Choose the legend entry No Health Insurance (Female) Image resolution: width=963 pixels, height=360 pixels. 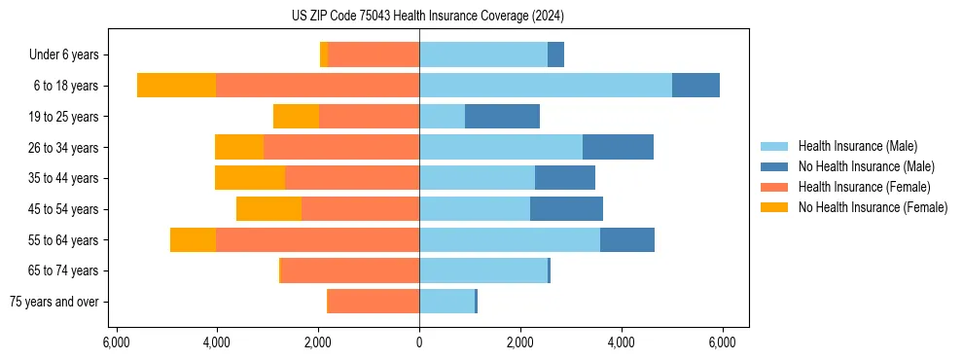pyautogui.click(x=873, y=207)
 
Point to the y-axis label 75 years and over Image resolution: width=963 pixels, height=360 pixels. pyautogui.click(x=53, y=302)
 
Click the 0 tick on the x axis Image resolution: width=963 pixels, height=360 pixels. pyautogui.click(x=419, y=342)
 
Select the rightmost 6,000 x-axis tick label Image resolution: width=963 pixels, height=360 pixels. pyautogui.click(x=722, y=342)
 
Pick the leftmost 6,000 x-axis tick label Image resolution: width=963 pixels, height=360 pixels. pyautogui.click(x=116, y=342)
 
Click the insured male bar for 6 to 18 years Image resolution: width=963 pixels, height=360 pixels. pyautogui.click(x=545, y=86)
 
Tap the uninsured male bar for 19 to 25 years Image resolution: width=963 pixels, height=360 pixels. pyautogui.click(x=502, y=117)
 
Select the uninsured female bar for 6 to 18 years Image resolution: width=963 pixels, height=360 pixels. pyautogui.click(x=176, y=86)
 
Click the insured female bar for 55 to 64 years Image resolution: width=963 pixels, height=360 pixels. pyautogui.click(x=317, y=239)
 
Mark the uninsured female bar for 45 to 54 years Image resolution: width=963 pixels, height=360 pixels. pyautogui.click(x=268, y=209)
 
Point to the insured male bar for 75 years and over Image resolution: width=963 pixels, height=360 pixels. pyautogui.click(x=446, y=302)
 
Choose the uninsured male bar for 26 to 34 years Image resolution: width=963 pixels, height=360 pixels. pyautogui.click(x=618, y=147)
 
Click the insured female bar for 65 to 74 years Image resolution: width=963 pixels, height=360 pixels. pyautogui.click(x=349, y=270)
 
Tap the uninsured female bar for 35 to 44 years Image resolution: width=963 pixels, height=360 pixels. pyautogui.click(x=250, y=178)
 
